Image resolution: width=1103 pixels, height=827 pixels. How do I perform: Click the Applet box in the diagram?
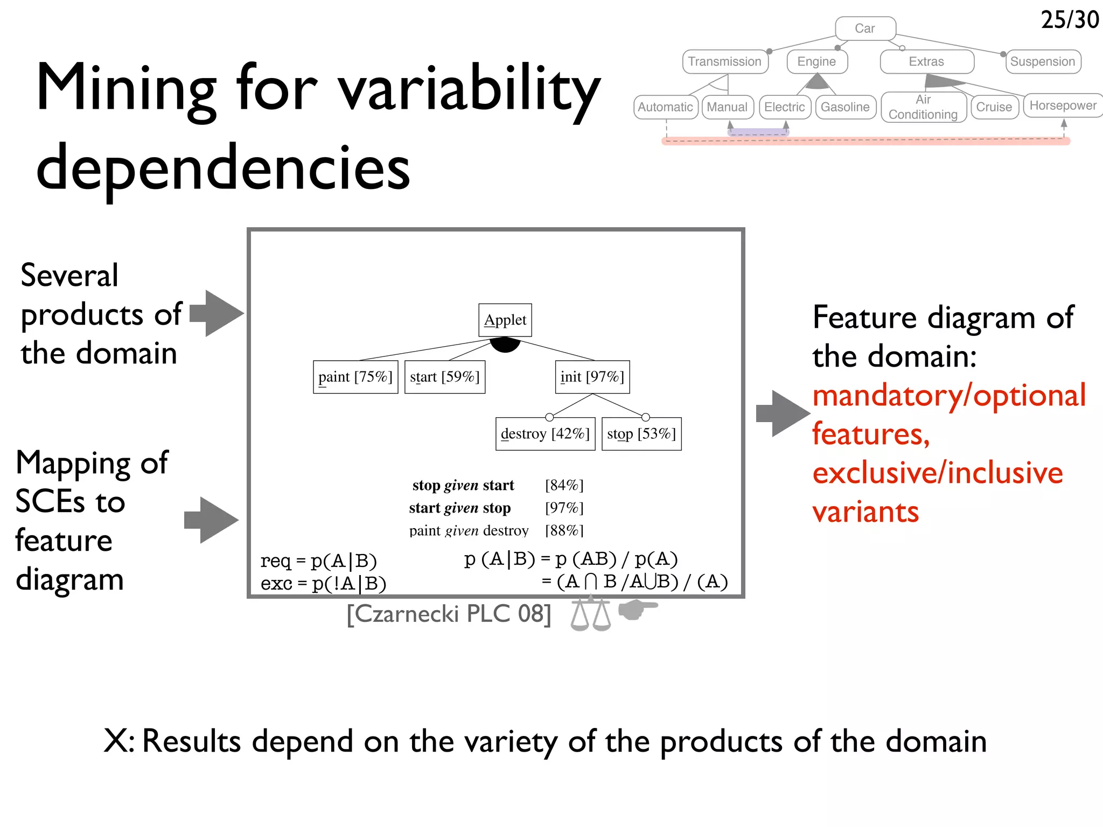pyautogui.click(x=505, y=320)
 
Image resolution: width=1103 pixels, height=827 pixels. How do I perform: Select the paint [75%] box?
pyautogui.click(x=355, y=377)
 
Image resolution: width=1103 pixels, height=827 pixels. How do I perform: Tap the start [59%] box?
pyautogui.click(x=445, y=377)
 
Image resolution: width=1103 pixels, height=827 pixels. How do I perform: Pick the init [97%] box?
pyautogui.click(x=592, y=377)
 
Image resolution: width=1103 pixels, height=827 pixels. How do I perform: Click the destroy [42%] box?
pyautogui.click(x=545, y=433)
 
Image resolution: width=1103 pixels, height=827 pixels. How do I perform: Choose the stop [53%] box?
pyautogui.click(x=641, y=433)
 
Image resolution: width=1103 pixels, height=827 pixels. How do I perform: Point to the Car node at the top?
pyautogui.click(x=865, y=29)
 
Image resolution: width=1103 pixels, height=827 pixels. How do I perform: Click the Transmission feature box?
pyautogui.click(x=725, y=61)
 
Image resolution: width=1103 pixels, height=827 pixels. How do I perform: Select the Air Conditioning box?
pyautogui.click(x=923, y=107)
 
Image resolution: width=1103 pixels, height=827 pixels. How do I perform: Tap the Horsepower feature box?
pyautogui.click(x=1063, y=106)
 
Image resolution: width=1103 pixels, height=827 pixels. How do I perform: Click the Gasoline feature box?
pyautogui.click(x=845, y=107)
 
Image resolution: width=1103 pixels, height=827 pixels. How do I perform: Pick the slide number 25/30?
pyautogui.click(x=1070, y=20)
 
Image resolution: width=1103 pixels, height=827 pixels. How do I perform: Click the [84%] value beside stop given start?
pyautogui.click(x=564, y=486)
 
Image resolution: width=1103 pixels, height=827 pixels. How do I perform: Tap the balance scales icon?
pyautogui.click(x=591, y=614)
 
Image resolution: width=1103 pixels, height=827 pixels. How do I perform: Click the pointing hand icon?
pyautogui.click(x=638, y=609)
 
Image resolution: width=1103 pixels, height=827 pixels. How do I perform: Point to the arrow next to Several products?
pyautogui.click(x=217, y=313)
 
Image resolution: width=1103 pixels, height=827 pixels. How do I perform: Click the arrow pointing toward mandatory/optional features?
pyautogui.click(x=783, y=413)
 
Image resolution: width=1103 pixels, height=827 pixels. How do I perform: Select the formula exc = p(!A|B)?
pyautogui.click(x=323, y=584)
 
